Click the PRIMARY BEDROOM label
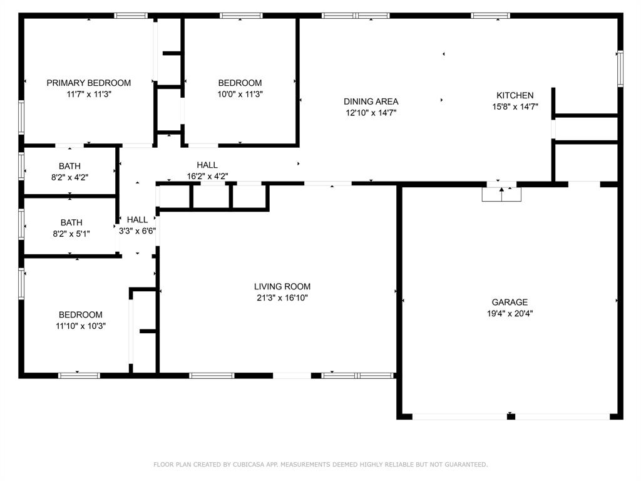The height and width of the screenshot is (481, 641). pos(89,83)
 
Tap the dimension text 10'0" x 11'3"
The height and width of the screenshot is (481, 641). pos(240,94)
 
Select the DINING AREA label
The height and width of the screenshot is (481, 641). pos(371,101)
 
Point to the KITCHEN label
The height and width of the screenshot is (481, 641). pos(515,95)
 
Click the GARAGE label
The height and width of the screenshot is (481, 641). pos(510,303)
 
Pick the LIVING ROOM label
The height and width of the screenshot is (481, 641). pos(282,287)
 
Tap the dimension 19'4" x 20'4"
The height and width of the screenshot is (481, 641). pos(510,314)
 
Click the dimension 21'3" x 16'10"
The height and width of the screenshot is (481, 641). pos(282,297)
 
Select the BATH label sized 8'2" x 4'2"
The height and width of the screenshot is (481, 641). pos(69,166)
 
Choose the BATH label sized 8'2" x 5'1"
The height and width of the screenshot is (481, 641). pos(71,222)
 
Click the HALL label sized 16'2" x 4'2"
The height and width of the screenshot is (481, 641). pos(207,165)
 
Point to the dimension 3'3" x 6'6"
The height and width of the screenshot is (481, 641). pos(137,231)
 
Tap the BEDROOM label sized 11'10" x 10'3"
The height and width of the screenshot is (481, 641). pos(81,314)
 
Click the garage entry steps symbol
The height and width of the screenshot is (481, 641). pos(501,194)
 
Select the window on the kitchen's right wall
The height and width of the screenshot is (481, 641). pos(620,69)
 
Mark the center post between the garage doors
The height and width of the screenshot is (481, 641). pos(511,416)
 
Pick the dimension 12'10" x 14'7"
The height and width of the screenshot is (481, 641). pos(371,113)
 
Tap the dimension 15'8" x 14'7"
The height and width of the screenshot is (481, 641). pos(515,106)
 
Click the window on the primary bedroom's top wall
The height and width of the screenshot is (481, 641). pos(130,16)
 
